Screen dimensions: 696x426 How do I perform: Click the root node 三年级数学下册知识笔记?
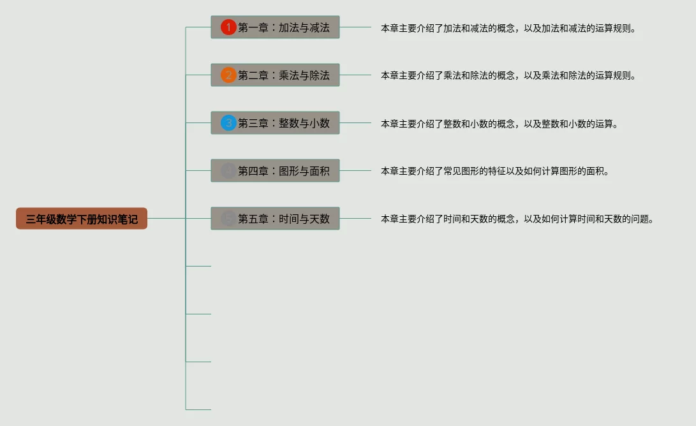[82, 219]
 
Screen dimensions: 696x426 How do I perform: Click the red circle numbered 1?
[228, 27]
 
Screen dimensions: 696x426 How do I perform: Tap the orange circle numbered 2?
[228, 75]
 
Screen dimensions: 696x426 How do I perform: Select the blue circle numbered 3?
[228, 123]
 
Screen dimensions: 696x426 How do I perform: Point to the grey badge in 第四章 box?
[228, 171]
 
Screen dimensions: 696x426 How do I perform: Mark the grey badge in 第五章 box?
[228, 219]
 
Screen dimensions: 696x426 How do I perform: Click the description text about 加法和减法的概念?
[508, 28]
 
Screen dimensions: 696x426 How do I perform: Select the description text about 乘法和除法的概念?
[508, 75]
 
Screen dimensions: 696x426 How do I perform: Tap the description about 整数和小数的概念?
[500, 124]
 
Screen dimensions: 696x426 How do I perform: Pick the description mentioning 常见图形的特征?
[495, 171]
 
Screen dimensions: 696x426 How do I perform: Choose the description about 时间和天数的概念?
[517, 219]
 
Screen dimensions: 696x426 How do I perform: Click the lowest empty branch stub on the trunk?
[198, 409]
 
